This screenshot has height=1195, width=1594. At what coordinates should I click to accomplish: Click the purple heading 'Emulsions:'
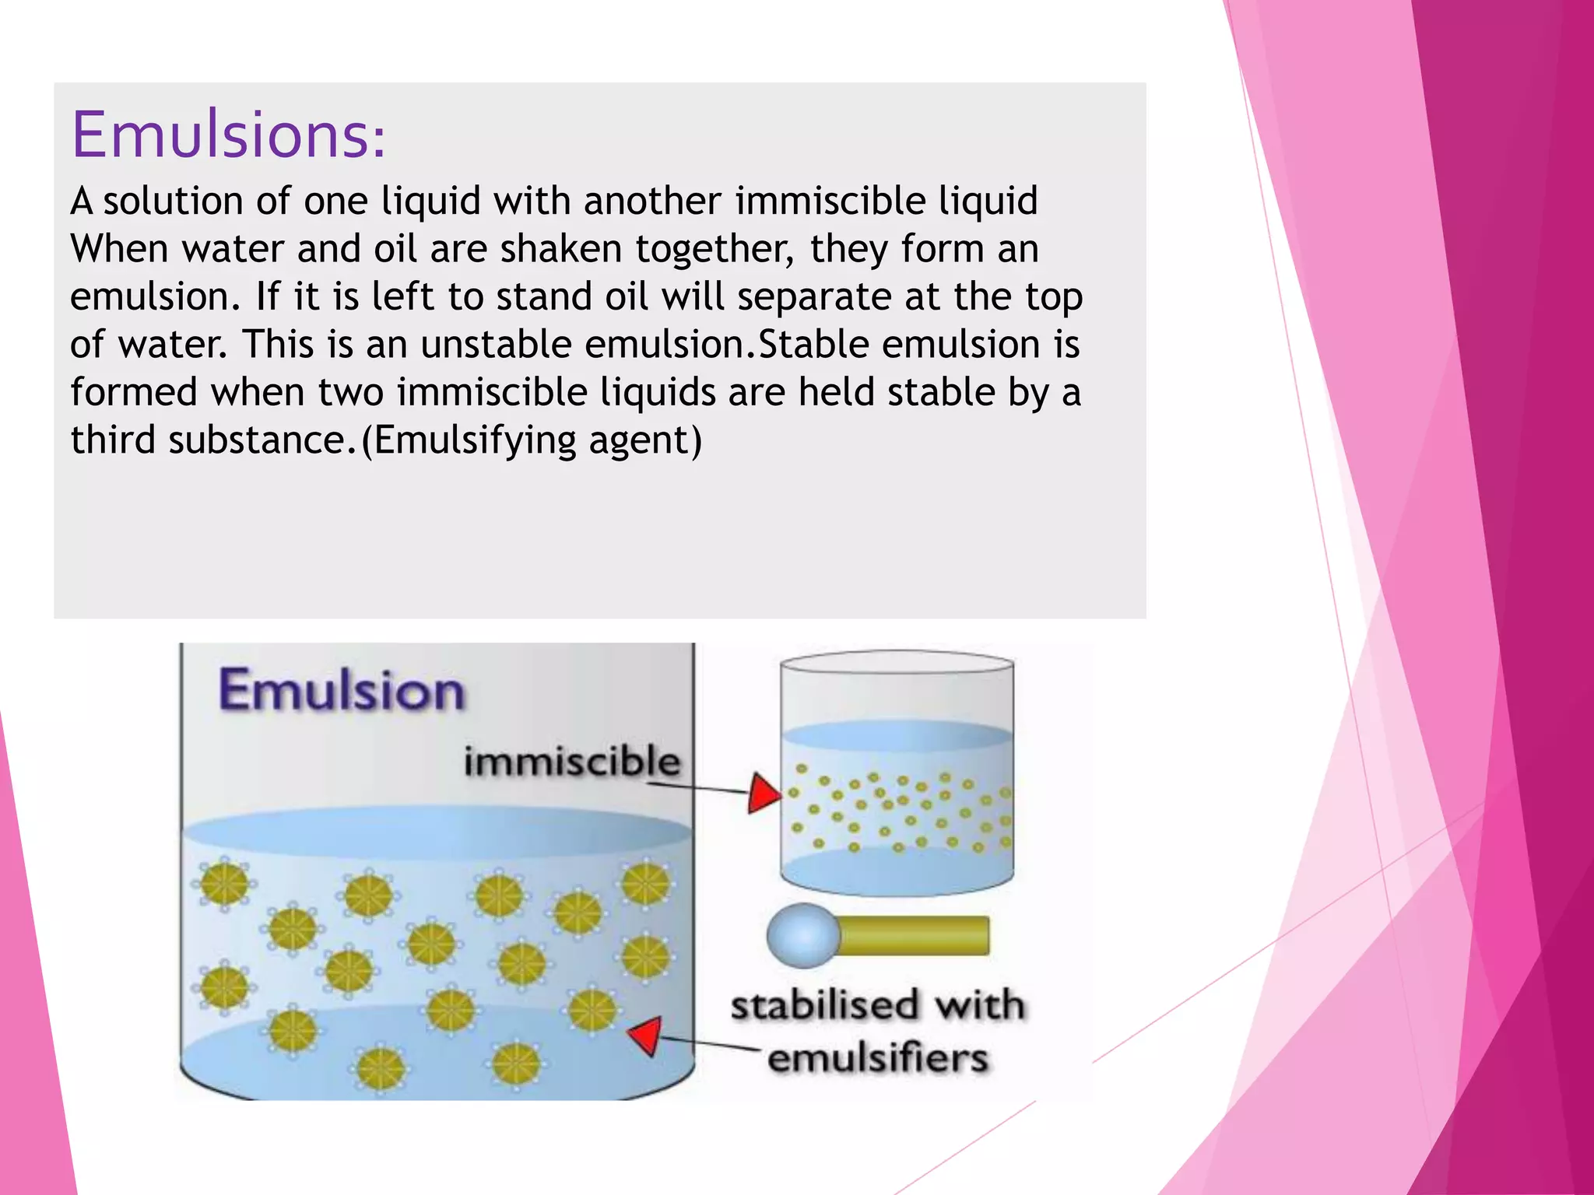(228, 135)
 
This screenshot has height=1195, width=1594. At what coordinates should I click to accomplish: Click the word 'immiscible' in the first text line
(830, 201)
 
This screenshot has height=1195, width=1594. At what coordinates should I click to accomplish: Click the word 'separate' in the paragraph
(814, 296)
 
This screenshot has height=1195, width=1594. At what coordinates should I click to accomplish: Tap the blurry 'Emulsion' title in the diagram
(342, 690)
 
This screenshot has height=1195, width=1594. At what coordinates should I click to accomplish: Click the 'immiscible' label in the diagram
(571, 761)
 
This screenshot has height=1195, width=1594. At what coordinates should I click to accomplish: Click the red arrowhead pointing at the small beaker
(762, 794)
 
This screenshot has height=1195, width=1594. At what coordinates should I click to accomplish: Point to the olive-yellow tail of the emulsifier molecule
(915, 935)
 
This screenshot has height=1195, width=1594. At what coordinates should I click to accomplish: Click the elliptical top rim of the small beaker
(897, 662)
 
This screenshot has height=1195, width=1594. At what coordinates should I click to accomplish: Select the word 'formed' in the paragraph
(134, 391)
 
